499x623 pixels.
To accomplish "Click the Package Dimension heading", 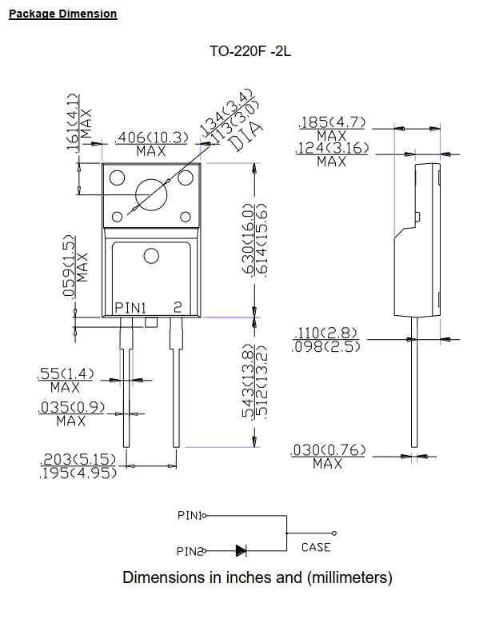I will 62,14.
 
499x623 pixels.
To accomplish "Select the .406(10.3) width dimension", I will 152,138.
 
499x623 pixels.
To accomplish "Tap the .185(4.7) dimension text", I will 332,122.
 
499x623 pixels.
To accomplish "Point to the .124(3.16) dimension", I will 332,148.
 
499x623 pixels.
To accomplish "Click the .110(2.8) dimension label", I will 327,333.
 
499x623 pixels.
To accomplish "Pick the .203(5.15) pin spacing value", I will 78,459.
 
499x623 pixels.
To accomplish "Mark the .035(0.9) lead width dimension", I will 71,408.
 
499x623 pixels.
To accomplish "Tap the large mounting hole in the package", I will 151,194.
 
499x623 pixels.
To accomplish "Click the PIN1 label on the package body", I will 130,307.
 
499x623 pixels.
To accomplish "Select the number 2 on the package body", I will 178,307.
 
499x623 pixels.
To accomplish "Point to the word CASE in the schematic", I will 316,548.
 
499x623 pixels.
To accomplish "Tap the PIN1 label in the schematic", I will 190,516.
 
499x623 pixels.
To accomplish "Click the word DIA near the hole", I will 247,135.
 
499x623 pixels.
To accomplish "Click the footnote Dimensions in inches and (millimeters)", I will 257,577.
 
